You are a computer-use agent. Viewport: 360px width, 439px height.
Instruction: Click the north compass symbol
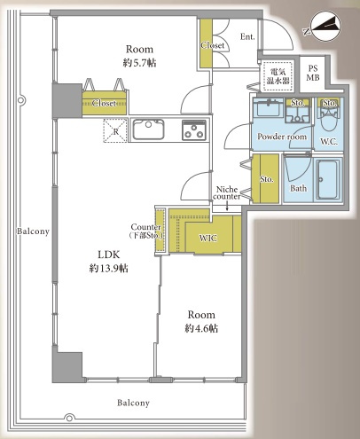tap(323, 27)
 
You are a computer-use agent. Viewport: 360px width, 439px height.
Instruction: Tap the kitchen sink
tap(148, 129)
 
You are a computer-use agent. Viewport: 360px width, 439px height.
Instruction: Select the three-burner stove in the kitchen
tap(194, 129)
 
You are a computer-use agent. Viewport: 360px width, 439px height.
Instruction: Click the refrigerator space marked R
tap(115, 130)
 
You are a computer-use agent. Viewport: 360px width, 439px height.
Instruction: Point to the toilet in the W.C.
tap(329, 116)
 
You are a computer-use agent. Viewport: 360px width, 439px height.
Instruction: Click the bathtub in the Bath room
tap(328, 179)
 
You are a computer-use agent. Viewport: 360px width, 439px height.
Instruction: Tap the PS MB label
tap(312, 73)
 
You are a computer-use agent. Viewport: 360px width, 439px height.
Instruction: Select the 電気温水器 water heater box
tap(278, 76)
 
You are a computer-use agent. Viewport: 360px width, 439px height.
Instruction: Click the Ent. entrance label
tap(247, 36)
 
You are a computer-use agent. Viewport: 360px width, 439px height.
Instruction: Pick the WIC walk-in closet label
tap(208, 238)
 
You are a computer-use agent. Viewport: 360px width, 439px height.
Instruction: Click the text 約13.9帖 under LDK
tap(108, 268)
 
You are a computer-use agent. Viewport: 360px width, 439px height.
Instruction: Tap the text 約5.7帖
tap(139, 63)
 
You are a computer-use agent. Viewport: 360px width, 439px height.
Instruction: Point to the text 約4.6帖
tap(201, 328)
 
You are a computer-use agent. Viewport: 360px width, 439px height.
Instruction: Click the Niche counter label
tap(227, 192)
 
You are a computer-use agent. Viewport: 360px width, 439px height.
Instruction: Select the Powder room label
tap(282, 137)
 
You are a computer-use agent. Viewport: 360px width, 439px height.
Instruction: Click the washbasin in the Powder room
tap(269, 107)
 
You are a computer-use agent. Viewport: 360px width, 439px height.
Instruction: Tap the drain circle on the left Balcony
tap(20, 100)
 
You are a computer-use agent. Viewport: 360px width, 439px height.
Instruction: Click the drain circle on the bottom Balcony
tap(69, 418)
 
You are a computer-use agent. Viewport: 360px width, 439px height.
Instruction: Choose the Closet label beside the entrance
tap(213, 45)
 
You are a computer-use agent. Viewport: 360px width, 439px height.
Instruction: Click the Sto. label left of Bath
tap(266, 179)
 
